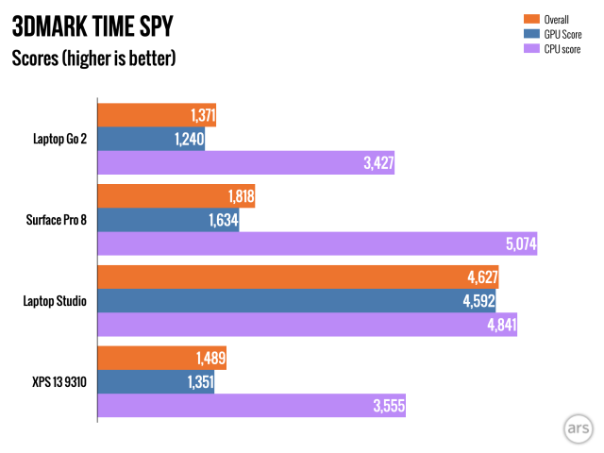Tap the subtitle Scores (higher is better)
tap(93, 58)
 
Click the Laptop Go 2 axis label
tap(59, 139)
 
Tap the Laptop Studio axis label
tap(56, 301)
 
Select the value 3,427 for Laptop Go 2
tap(377, 162)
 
